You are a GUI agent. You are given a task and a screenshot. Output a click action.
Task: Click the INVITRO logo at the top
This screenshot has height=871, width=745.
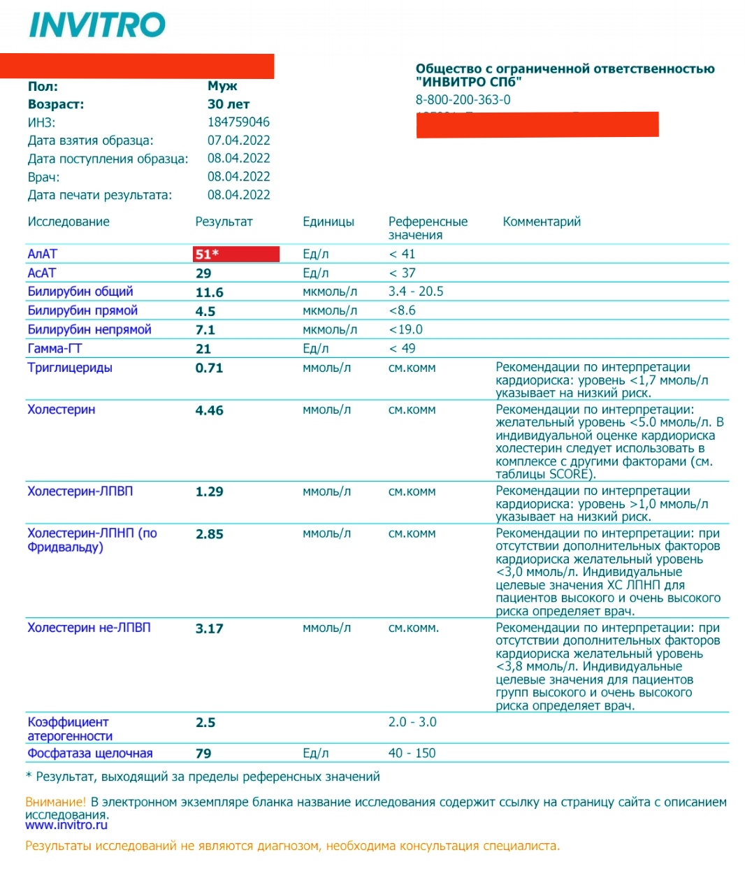(97, 25)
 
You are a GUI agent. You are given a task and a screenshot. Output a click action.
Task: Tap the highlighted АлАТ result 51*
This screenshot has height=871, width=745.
(207, 254)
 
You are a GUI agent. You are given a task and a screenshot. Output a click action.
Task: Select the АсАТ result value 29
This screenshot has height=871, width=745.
(203, 273)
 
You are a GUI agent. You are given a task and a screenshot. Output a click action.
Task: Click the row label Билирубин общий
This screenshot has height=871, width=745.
(80, 291)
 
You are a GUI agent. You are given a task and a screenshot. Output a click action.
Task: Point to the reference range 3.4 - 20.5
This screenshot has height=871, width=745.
(416, 291)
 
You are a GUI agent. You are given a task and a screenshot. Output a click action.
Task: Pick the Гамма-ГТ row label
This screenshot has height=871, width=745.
(55, 348)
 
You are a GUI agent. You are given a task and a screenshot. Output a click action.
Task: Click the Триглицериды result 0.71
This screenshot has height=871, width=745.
(209, 368)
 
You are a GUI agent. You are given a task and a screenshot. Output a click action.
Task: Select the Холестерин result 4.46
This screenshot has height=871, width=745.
(209, 410)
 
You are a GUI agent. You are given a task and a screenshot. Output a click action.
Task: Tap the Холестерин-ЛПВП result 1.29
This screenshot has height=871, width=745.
(209, 491)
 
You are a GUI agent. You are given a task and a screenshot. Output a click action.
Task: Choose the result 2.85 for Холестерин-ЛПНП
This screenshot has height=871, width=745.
(209, 534)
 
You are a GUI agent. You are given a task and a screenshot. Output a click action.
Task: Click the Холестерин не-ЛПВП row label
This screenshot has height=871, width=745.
(89, 628)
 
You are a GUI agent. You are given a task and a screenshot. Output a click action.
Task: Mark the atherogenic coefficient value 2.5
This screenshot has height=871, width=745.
(205, 723)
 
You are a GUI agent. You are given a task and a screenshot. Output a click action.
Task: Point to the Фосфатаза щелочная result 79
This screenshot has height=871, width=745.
(203, 754)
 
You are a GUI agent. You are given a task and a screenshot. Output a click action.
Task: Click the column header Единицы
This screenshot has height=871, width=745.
(328, 222)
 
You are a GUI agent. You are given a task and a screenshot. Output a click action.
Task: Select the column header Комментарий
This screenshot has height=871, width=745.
(542, 222)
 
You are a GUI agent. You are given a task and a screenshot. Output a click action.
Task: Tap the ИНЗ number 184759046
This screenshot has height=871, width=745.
(238, 122)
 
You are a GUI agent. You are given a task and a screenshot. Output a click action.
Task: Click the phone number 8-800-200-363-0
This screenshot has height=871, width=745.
(463, 100)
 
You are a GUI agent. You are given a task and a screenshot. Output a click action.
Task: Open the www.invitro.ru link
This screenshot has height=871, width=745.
(66, 826)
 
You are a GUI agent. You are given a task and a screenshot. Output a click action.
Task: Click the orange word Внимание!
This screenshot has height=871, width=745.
(56, 802)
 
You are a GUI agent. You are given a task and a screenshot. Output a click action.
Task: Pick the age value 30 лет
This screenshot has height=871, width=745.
(229, 104)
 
